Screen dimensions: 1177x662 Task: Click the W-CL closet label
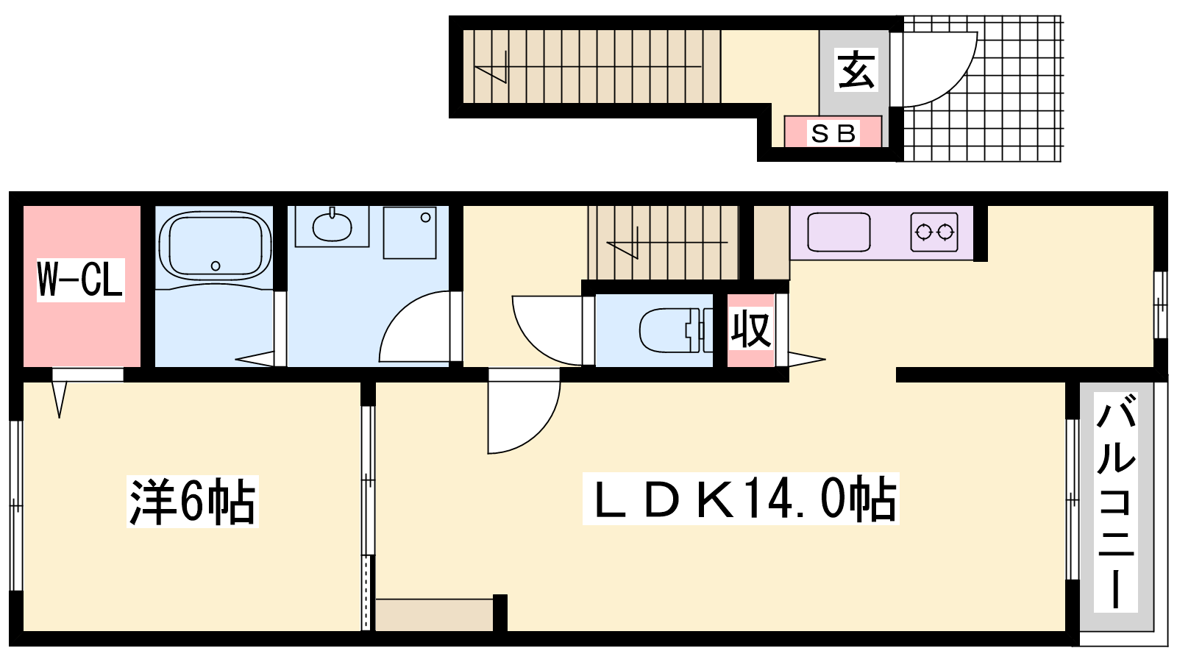(x=80, y=280)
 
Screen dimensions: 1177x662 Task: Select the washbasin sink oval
(x=332, y=227)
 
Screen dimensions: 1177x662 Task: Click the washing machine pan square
(x=410, y=232)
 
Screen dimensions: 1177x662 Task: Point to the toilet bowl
(x=670, y=330)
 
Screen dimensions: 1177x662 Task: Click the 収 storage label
(x=751, y=330)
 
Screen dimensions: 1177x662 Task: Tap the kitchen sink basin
(x=839, y=232)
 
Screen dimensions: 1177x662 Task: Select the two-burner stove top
(x=934, y=232)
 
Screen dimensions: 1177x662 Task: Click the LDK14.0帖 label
(x=741, y=499)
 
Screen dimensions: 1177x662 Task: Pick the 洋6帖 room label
(x=193, y=500)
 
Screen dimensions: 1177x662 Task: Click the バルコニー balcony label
(x=1115, y=502)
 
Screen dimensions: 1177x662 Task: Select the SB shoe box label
(x=833, y=133)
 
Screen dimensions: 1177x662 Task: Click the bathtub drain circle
(x=216, y=266)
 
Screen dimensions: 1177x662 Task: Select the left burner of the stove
(x=923, y=232)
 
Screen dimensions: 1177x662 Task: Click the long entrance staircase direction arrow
(x=588, y=67)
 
